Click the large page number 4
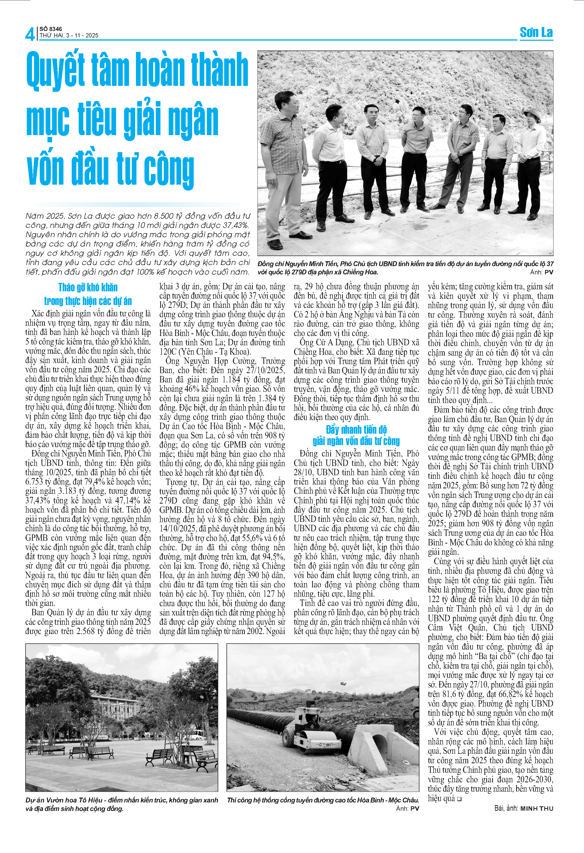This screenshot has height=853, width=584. pos(30,34)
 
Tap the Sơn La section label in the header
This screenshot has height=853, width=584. pos(536,32)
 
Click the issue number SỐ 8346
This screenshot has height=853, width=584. pos(51,29)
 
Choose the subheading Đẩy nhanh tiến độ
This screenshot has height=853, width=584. pos(356,429)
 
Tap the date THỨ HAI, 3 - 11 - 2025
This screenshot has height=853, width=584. pos(69,36)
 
